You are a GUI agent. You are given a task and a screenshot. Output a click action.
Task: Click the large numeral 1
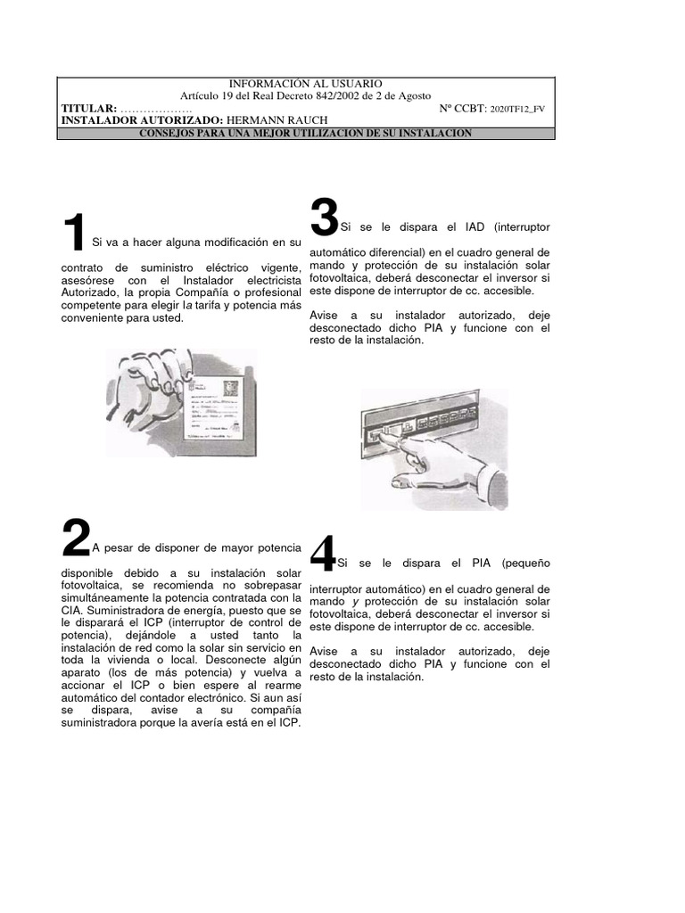pos(74,234)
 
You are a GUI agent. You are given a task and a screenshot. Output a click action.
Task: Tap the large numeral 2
pos(76,539)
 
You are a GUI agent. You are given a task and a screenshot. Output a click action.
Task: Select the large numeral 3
pos(324,217)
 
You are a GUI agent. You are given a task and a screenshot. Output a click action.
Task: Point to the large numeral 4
pos(322,554)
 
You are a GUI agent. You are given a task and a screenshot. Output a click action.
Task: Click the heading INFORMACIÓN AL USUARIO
pos(306,83)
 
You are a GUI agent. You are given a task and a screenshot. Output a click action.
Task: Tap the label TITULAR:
pos(88,108)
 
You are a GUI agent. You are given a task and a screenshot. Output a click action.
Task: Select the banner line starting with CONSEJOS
pos(306,133)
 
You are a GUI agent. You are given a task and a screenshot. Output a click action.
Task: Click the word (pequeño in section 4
pos(525,563)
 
